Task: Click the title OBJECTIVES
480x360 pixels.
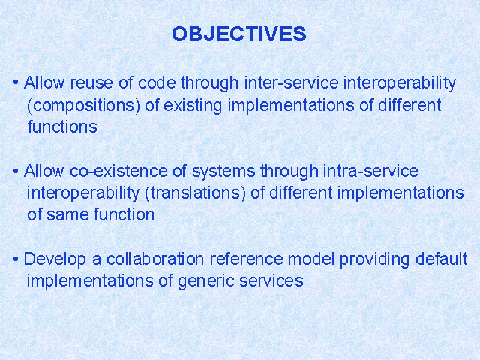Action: click(x=239, y=34)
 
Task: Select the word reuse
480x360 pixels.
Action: click(x=91, y=82)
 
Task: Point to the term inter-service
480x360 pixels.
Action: click(x=292, y=82)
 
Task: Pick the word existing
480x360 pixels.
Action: click(x=193, y=106)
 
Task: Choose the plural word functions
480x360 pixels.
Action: click(x=62, y=127)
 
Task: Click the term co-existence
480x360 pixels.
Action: click(x=118, y=171)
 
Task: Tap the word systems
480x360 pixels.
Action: click(x=223, y=171)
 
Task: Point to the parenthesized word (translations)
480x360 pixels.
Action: click(x=195, y=193)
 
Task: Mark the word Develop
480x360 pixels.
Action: click(x=55, y=259)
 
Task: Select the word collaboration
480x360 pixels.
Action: click(x=155, y=259)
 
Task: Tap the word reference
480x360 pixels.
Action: click(x=247, y=259)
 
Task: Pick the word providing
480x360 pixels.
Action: click(x=374, y=259)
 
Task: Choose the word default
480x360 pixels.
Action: click(x=442, y=259)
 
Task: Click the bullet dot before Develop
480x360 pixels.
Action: click(x=16, y=259)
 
